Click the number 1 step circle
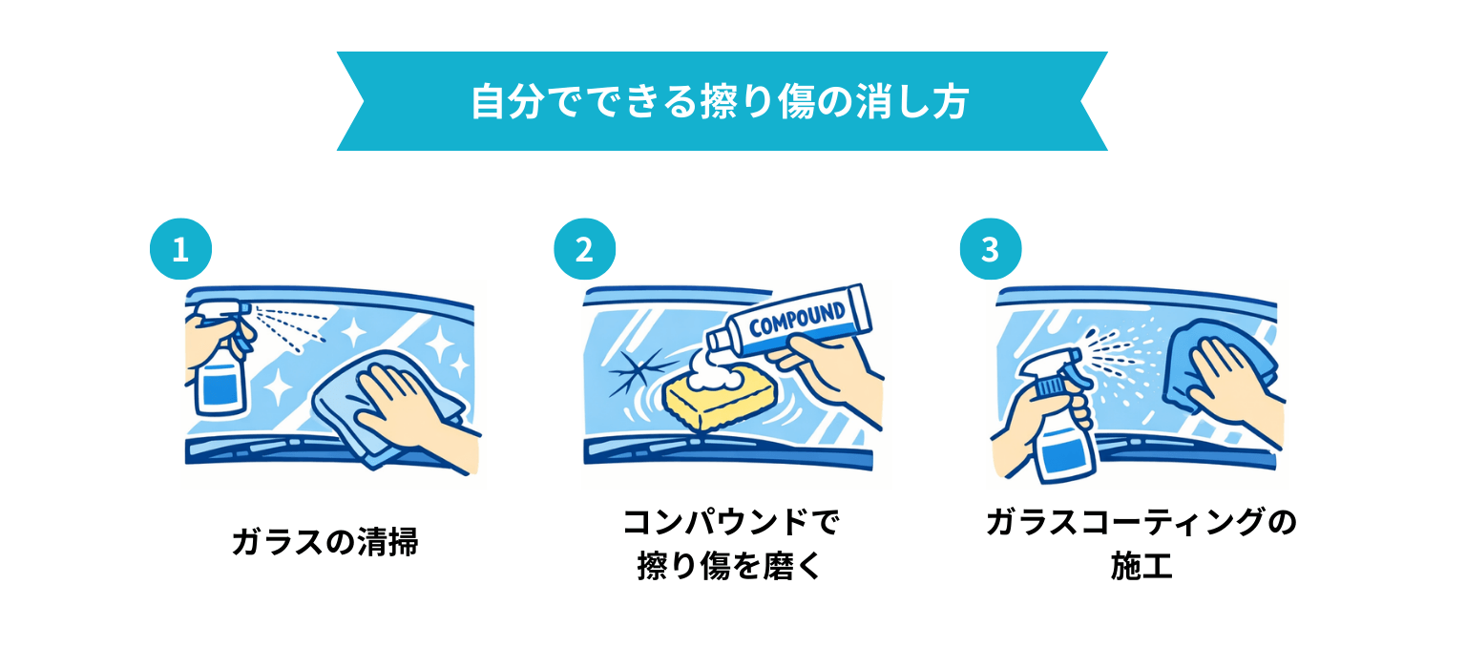tap(180, 249)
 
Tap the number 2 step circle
tap(584, 249)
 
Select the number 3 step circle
tap(990, 249)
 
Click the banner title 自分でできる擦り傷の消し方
tap(720, 102)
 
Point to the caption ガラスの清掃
tap(325, 542)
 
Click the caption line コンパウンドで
tap(730, 522)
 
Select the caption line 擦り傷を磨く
tap(730, 566)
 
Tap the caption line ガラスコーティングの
tap(1141, 522)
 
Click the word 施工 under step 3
tap(1141, 566)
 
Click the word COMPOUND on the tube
tap(797, 319)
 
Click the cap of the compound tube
tap(719, 342)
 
